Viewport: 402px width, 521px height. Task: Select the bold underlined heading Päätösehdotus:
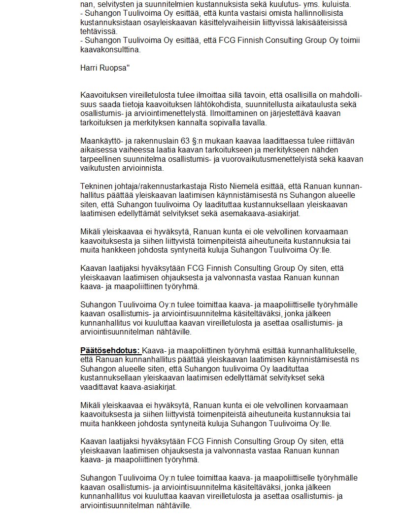pyautogui.click(x=111, y=350)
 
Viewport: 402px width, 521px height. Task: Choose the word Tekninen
pyautogui.click(x=95, y=186)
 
